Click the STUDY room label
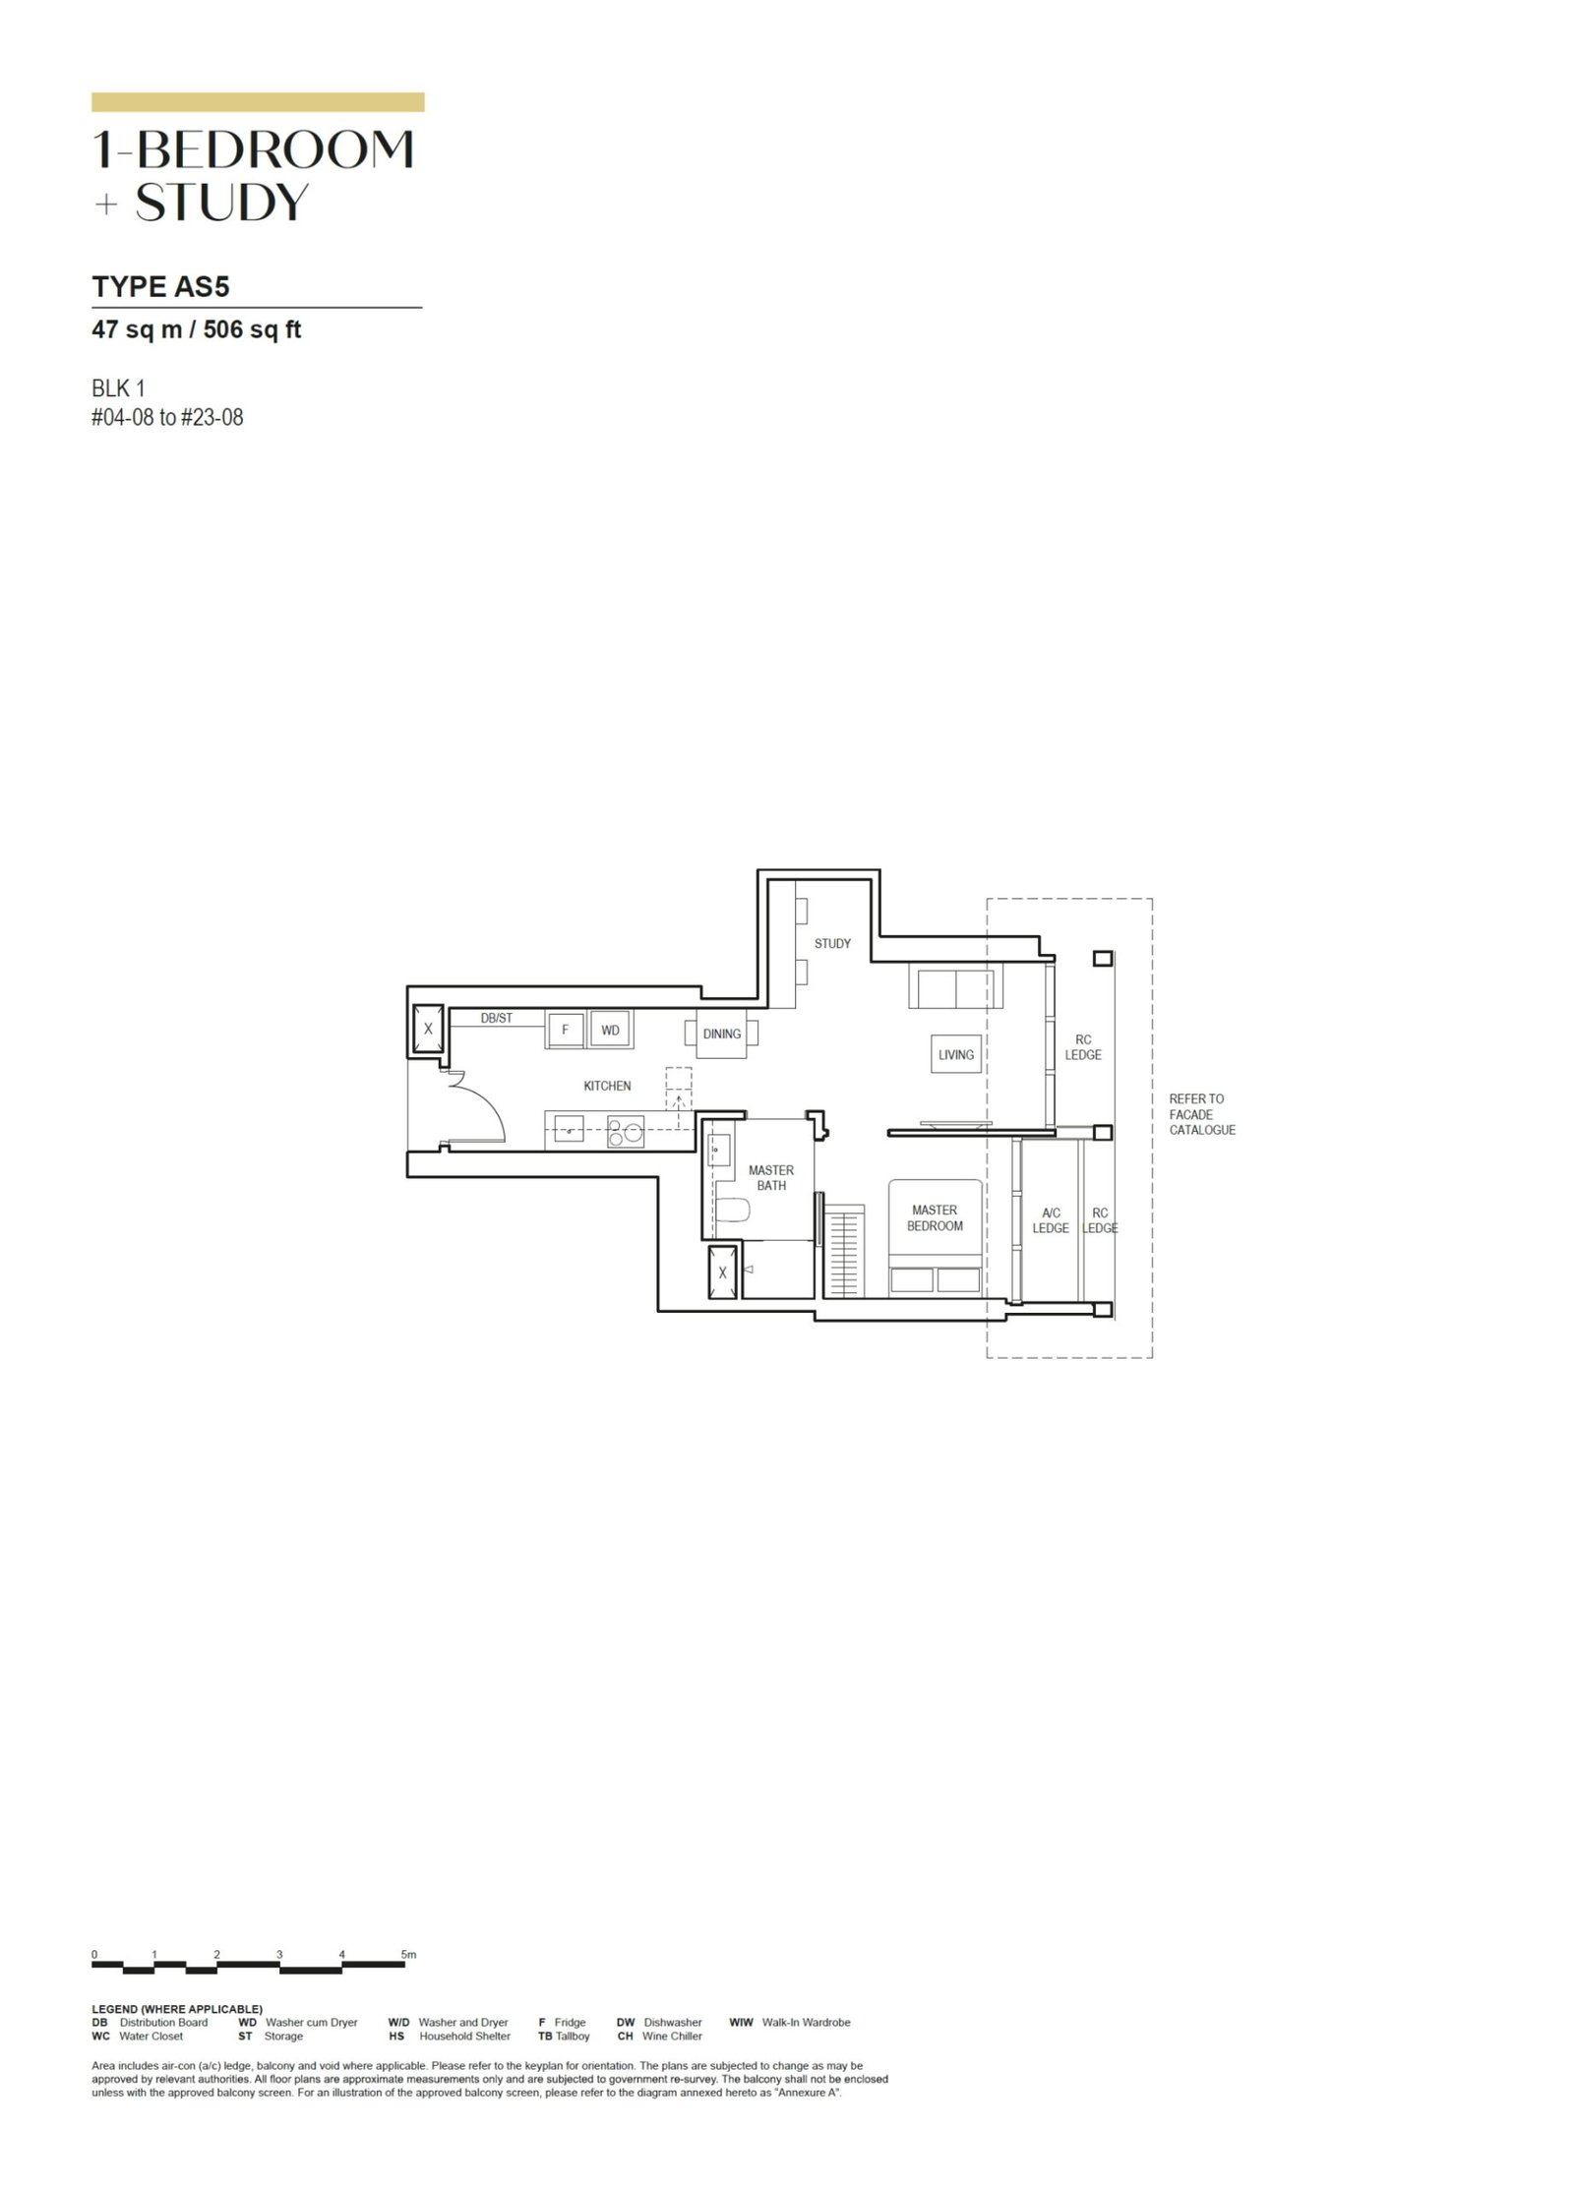tap(832, 943)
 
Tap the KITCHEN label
tap(607, 1086)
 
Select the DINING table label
tap(721, 1034)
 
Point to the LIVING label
tap(955, 1054)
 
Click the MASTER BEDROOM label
tap(935, 1217)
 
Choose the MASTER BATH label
tap(771, 1177)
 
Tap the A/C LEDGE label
tap(1050, 1220)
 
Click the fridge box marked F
tap(566, 1031)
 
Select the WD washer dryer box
tap(610, 1031)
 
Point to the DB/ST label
tap(496, 1018)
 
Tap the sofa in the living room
tap(951, 986)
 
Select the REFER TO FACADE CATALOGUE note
tap(1201, 1114)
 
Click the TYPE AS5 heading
tap(160, 286)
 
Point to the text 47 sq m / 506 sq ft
tap(196, 329)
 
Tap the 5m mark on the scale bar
tap(408, 1954)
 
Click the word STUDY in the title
tap(221, 202)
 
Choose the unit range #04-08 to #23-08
tap(167, 417)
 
